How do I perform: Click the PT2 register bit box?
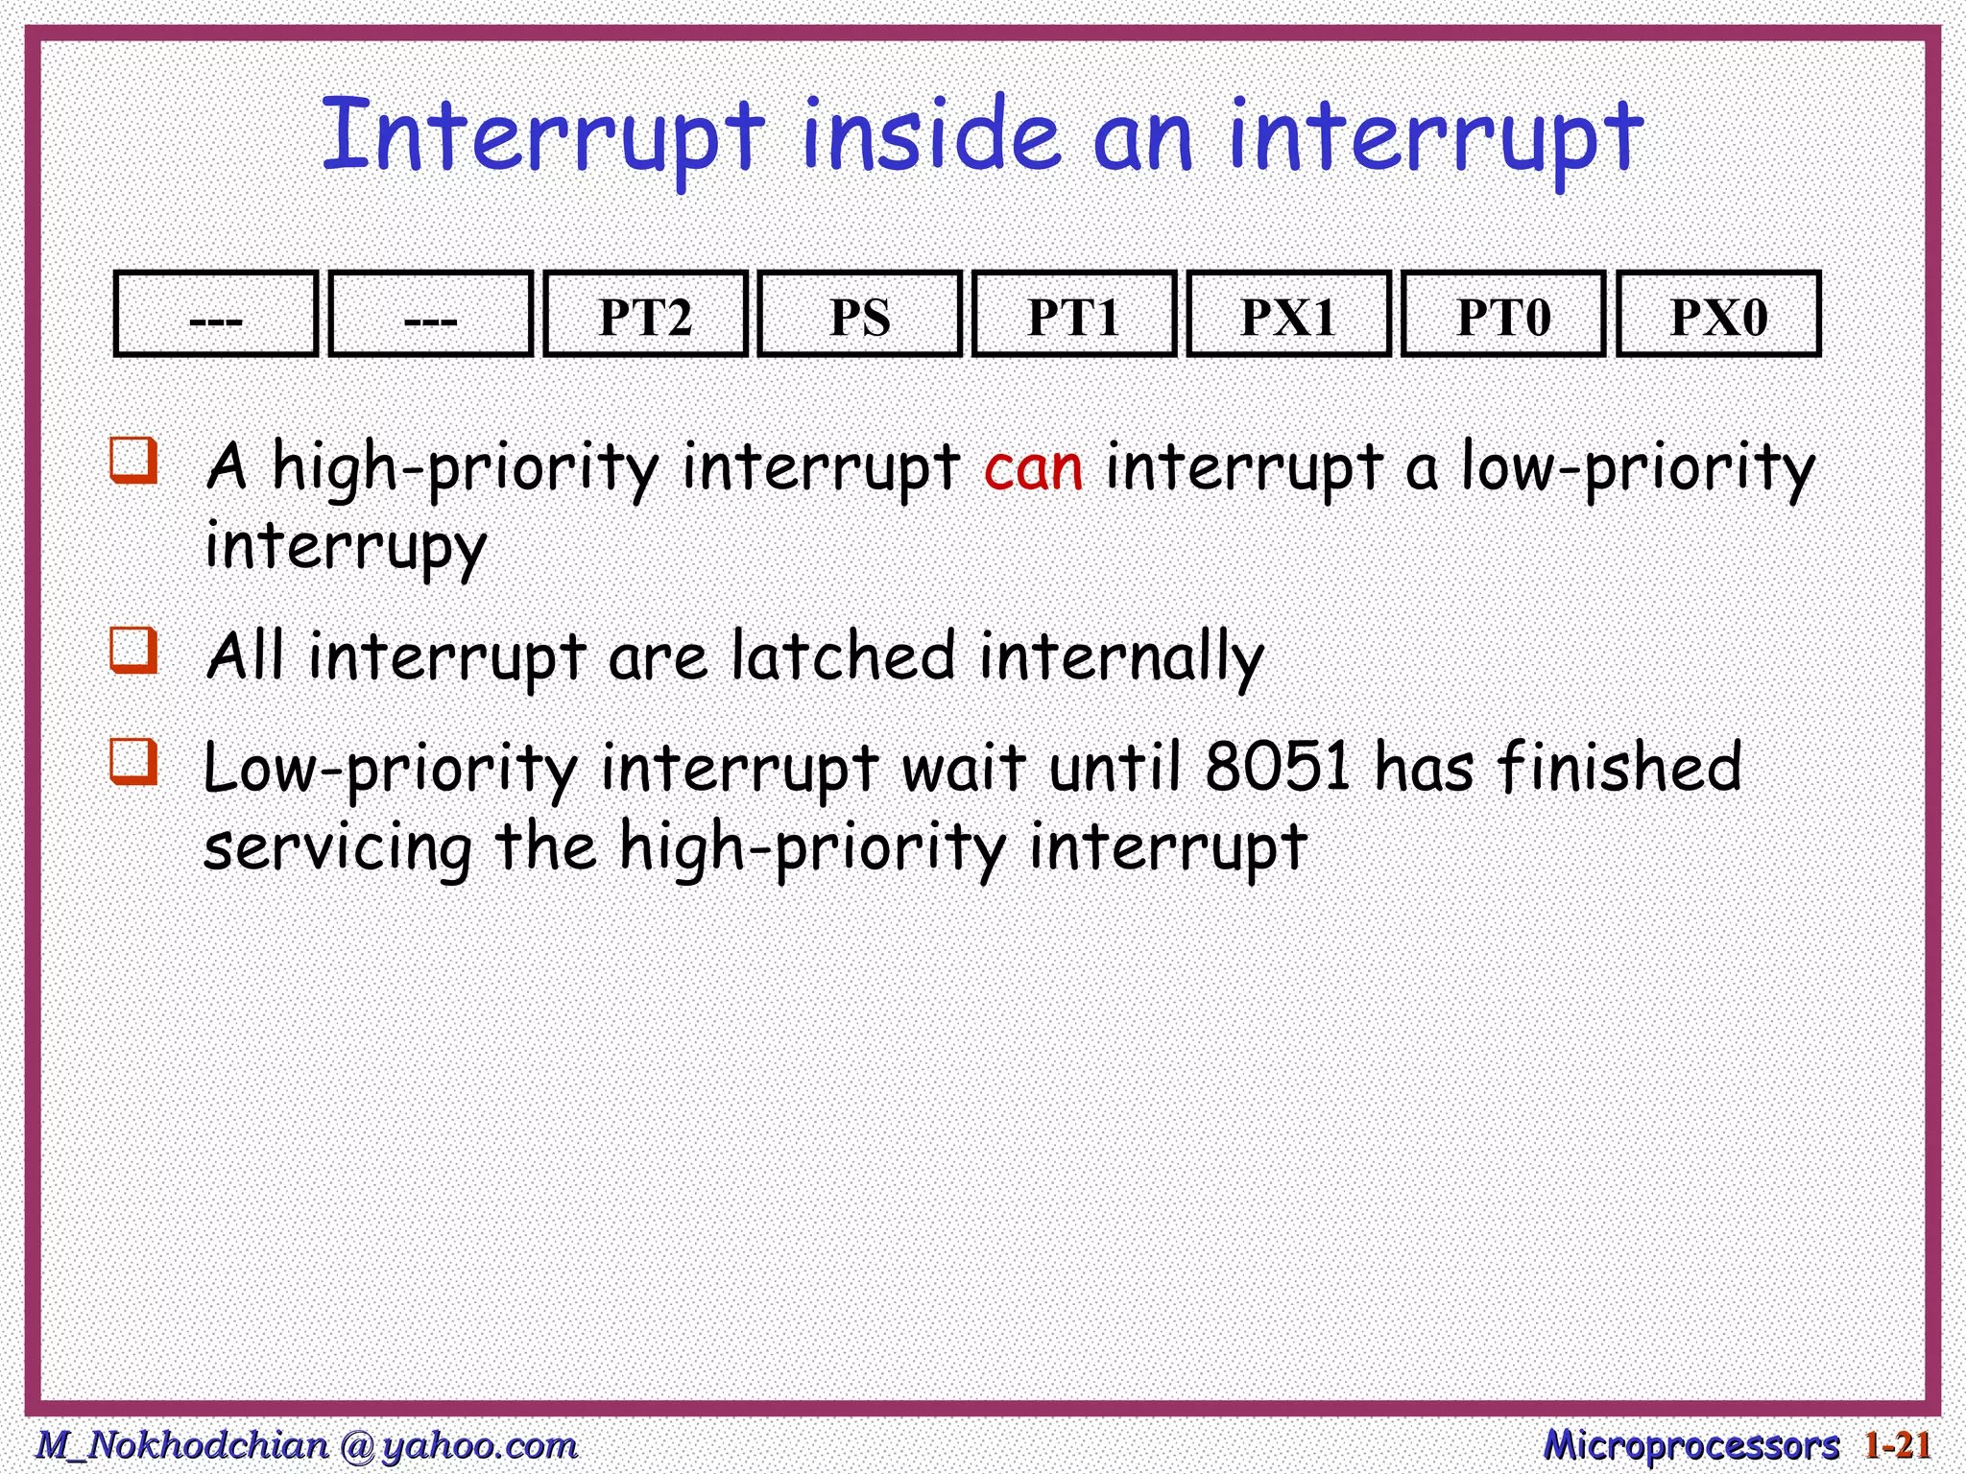[645, 315]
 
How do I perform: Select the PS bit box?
[859, 315]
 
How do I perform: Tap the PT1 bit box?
[1074, 315]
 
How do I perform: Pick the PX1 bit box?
[1288, 315]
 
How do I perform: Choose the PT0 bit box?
[1503, 315]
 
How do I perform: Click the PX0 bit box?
[1718, 315]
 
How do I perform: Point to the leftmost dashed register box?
[216, 315]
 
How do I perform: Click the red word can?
[1033, 469]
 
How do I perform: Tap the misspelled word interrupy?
[346, 547]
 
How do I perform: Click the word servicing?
[338, 848]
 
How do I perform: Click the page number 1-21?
[1896, 1445]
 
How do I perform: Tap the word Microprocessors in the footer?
[1690, 1445]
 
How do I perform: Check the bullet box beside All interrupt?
[133, 651]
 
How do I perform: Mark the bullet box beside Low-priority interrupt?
[133, 761]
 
